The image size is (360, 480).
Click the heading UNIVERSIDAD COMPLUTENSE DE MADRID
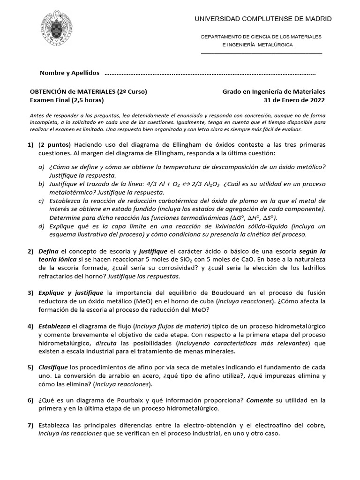pyautogui.click(x=263, y=19)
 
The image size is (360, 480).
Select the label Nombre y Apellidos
pyautogui.click(x=70, y=73)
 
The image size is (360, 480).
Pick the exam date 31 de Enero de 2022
pyautogui.click(x=294, y=100)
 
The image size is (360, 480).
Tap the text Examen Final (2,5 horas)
pyautogui.click(x=67, y=100)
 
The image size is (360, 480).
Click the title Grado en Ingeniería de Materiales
pyautogui.click(x=273, y=91)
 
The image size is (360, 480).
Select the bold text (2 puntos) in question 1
pyautogui.click(x=54, y=144)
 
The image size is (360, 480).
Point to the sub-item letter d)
pyautogui.click(x=42, y=226)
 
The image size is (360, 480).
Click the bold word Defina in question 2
pyautogui.click(x=48, y=252)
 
